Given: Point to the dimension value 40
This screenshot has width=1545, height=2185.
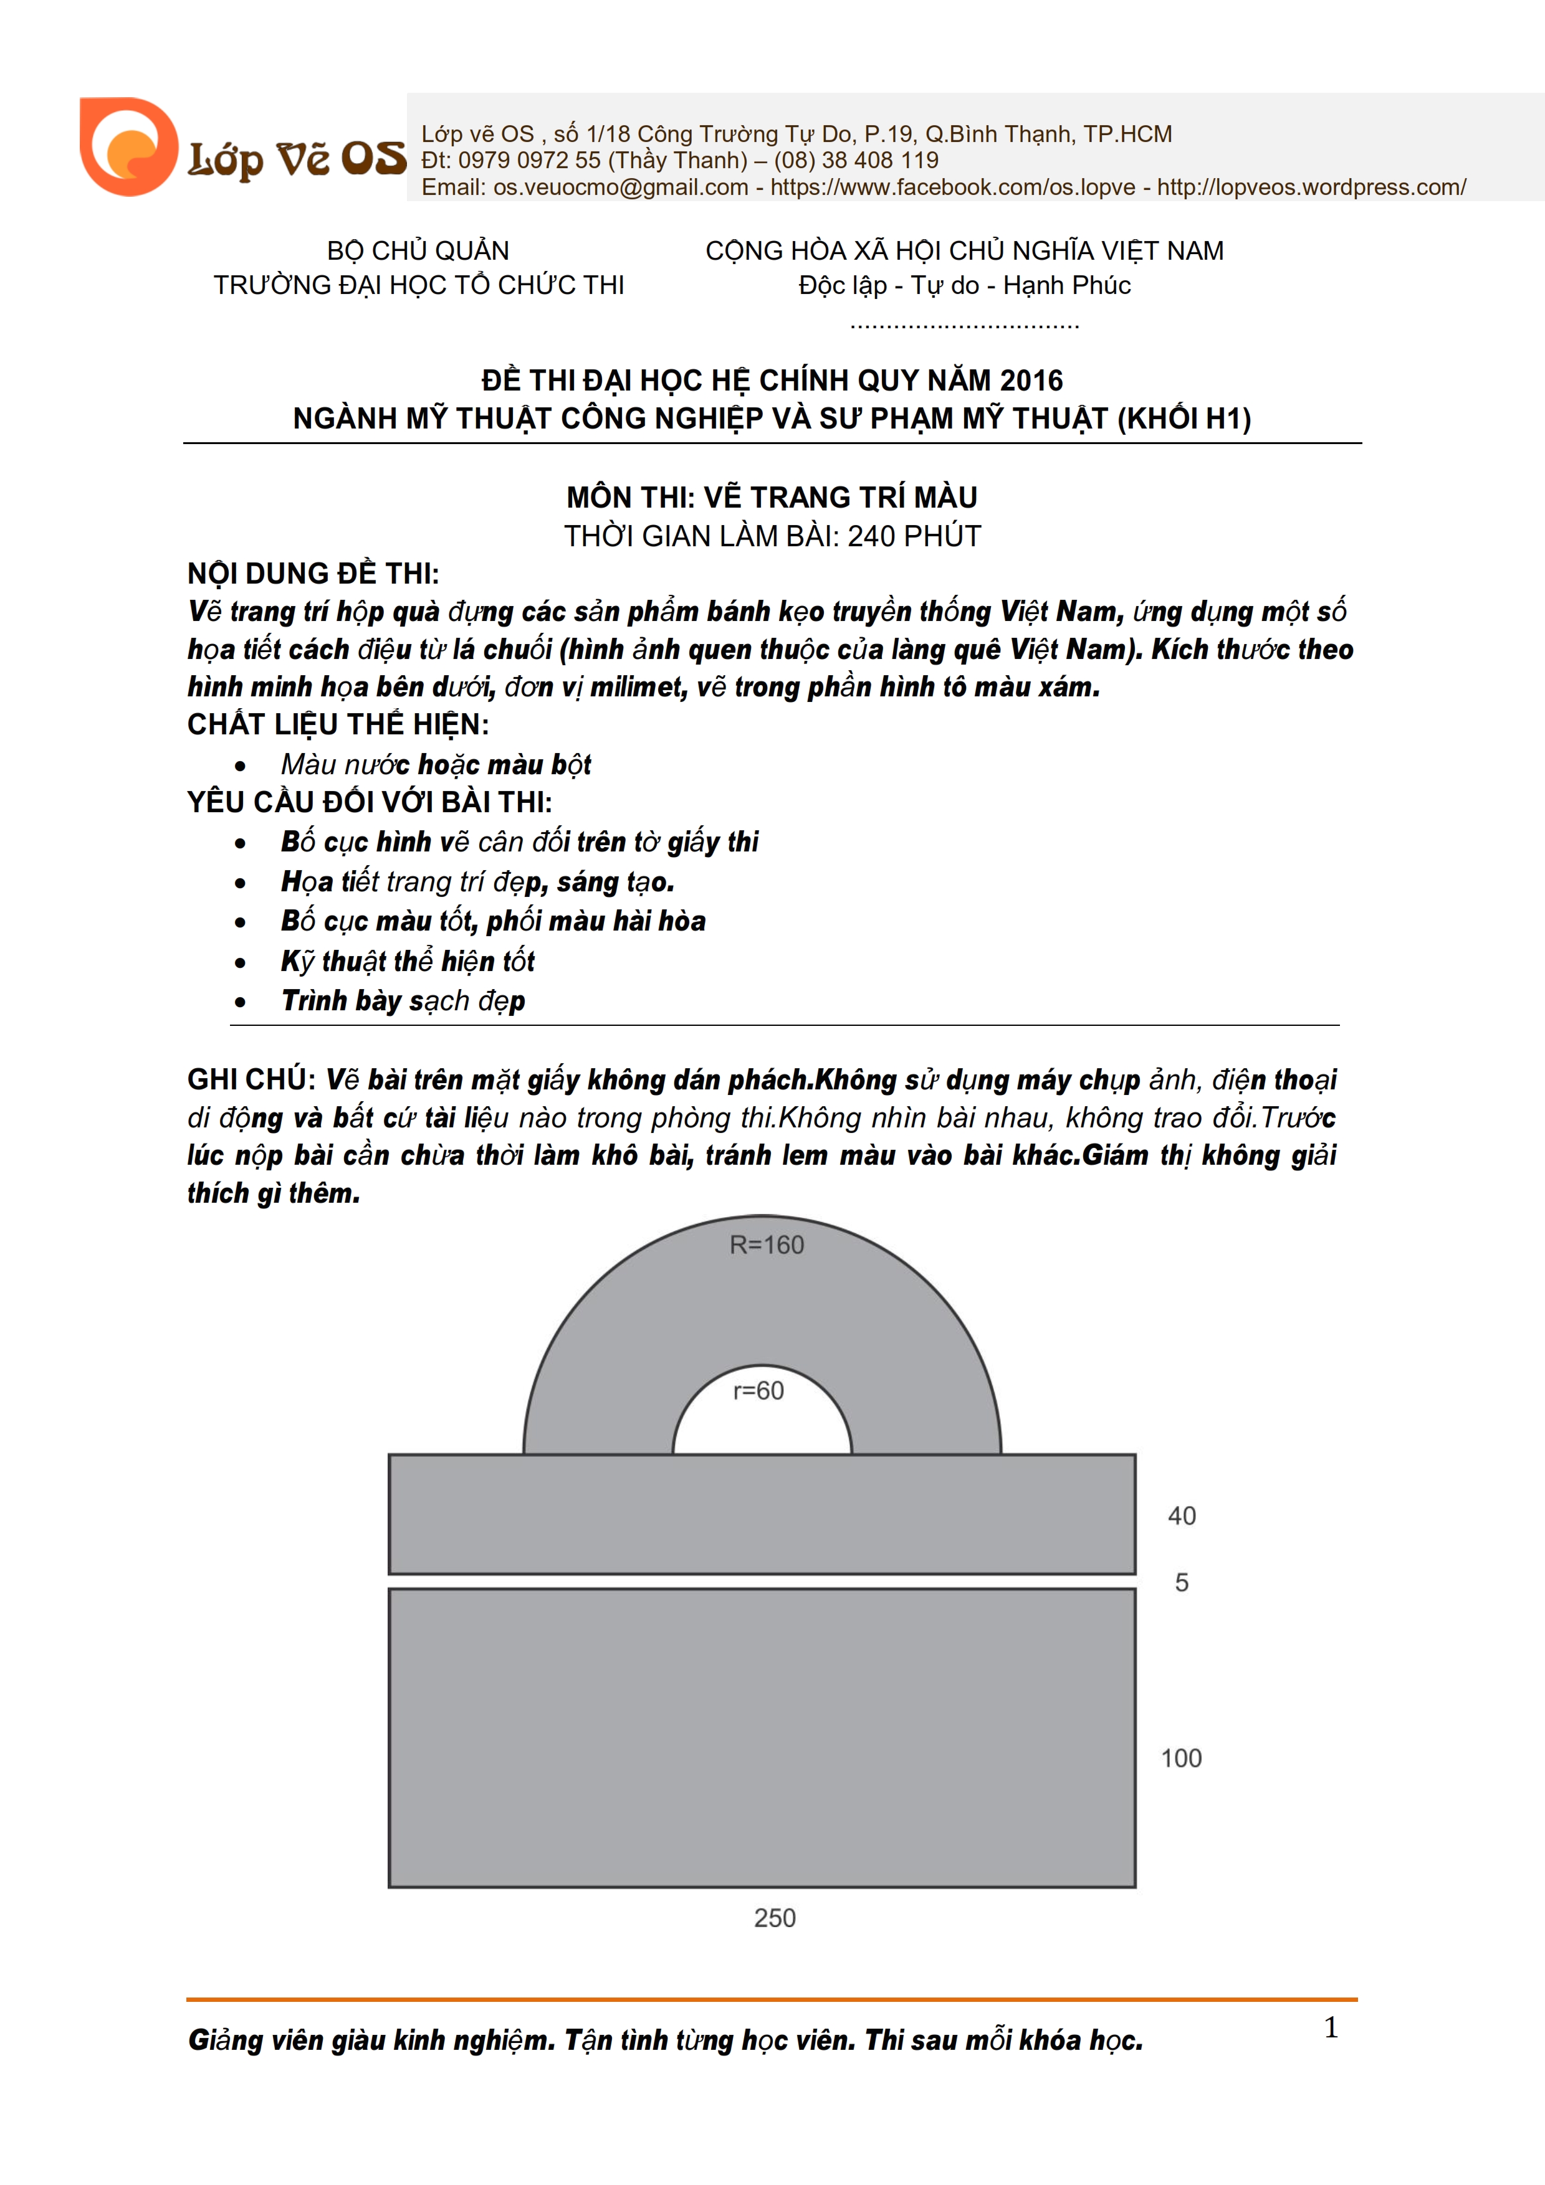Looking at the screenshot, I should [1182, 1516].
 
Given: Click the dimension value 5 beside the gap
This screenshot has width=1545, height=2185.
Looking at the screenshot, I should [1182, 1583].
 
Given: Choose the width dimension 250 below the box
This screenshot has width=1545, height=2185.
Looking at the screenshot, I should [774, 1918].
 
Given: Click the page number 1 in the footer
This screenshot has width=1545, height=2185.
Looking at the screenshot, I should [1331, 2027].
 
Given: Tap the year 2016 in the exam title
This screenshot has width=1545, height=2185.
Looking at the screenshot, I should [1031, 381].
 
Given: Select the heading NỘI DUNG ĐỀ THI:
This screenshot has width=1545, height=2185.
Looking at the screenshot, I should [313, 574].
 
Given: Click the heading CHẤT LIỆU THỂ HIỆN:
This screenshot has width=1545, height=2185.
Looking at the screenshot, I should [338, 725].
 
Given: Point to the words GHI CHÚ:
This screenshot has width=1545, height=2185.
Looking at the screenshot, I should [251, 1079].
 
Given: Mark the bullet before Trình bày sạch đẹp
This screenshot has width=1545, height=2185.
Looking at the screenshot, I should [240, 1002].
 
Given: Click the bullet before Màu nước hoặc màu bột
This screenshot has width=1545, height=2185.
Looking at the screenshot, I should [240, 766].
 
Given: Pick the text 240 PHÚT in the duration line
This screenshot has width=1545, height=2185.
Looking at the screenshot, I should [914, 537].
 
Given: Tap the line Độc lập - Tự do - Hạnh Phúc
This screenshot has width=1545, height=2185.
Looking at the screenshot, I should [964, 285].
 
